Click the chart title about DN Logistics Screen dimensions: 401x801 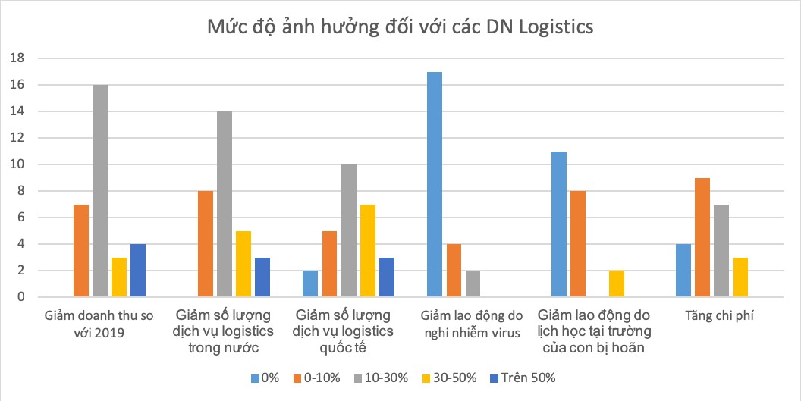(400, 27)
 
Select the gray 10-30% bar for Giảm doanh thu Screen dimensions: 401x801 (100, 191)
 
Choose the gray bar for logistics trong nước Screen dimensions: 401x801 (225, 204)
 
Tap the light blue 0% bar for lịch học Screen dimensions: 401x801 (560, 224)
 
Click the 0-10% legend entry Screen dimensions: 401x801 (319, 377)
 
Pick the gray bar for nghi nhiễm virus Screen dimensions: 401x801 (473, 284)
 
